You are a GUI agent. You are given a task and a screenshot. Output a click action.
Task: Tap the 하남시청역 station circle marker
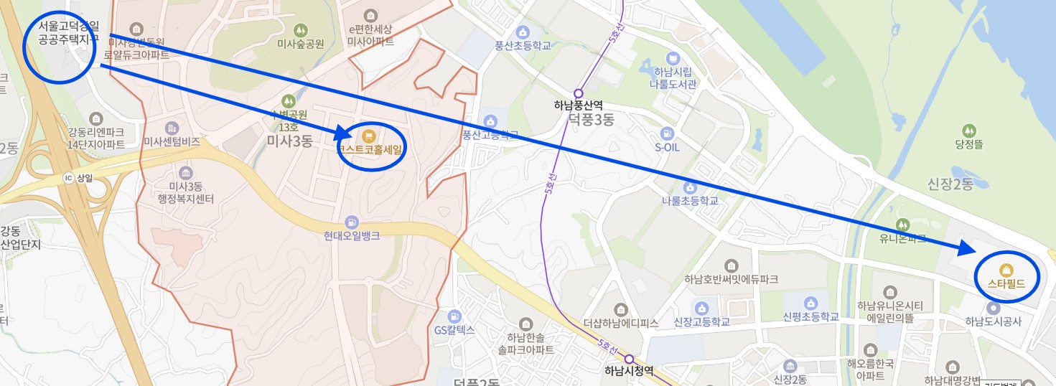point(629,359)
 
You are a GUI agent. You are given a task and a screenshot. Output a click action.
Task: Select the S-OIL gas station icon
point(667,133)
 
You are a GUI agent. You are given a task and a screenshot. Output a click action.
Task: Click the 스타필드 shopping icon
point(1006,270)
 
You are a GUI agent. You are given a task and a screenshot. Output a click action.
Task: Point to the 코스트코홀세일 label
point(371,149)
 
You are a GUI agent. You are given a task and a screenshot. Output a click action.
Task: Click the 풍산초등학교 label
point(523,46)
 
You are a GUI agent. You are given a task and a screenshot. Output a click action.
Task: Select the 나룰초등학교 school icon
point(689,187)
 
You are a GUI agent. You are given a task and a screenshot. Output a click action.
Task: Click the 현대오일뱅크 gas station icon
point(352,221)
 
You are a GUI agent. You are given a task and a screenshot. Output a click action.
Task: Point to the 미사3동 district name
point(289,141)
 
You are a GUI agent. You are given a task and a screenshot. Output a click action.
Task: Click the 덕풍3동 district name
point(591,120)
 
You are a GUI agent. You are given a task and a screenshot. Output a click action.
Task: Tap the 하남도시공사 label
point(993,321)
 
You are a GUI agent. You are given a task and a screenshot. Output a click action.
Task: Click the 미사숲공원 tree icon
point(301,30)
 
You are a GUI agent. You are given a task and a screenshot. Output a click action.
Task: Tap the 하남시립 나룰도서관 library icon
point(673,57)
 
